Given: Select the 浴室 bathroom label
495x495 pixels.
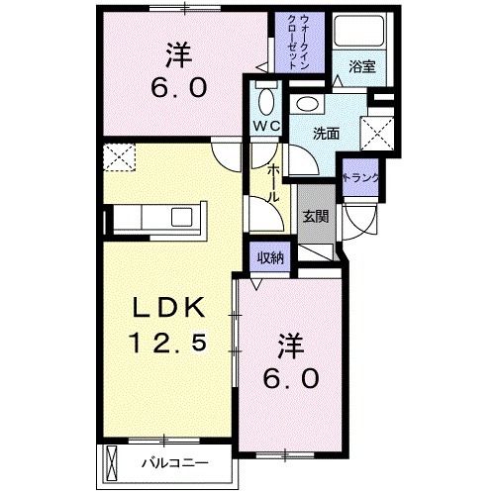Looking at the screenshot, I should [361, 68].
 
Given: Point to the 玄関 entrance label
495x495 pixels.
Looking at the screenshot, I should [315, 217].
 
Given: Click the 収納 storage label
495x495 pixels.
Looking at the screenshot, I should [269, 257].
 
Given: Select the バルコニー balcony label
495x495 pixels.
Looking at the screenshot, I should [167, 461].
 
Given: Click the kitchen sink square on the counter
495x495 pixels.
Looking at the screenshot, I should [183, 218].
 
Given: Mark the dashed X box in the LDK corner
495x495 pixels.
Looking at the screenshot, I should [120, 155].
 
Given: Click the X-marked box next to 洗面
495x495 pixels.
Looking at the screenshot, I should [377, 130].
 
